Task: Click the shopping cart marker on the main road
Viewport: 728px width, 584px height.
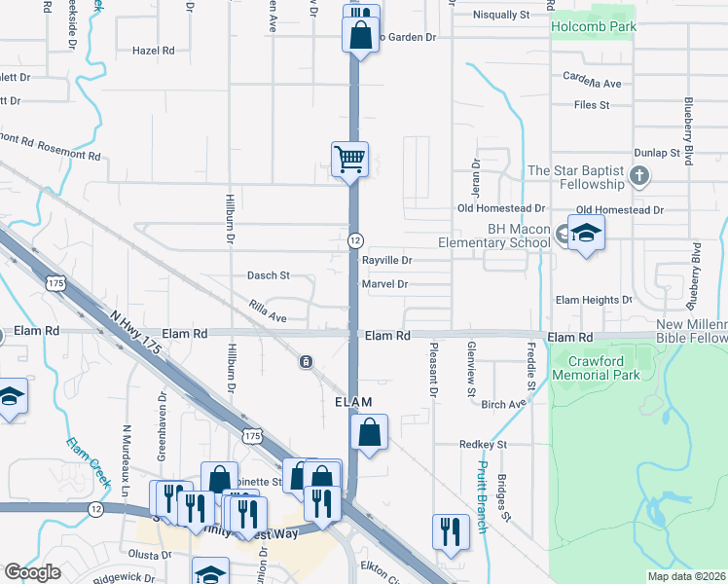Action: (349, 158)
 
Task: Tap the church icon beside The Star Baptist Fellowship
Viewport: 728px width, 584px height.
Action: (639, 176)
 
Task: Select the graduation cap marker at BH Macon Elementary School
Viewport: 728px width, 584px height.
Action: (586, 234)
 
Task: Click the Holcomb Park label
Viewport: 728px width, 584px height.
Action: (593, 26)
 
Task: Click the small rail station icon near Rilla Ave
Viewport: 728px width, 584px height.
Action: (306, 362)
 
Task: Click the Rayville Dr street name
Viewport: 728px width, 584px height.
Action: (387, 261)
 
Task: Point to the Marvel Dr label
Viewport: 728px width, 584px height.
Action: (383, 284)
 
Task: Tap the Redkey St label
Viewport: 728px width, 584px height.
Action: (484, 444)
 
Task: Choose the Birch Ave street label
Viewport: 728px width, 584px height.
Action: (502, 404)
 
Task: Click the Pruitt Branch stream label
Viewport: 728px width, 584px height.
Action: (481, 497)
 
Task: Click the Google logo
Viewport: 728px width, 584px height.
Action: (32, 572)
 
